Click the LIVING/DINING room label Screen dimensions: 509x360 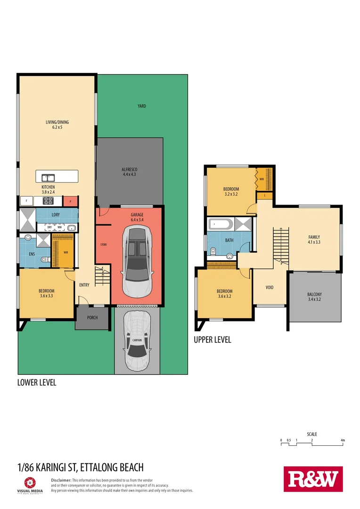(54, 125)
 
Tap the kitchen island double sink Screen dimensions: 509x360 (48, 178)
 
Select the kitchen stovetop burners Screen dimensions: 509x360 (48, 201)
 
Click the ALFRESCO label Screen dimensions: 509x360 (129, 172)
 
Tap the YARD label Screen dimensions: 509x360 (141, 106)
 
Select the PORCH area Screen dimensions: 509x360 (92, 318)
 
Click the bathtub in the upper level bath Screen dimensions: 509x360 (221, 224)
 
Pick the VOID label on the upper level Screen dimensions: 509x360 (270, 287)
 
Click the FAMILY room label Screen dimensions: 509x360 (314, 239)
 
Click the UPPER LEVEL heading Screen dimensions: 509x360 (213, 340)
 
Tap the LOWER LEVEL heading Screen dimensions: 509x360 (37, 383)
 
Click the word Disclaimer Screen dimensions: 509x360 (61, 480)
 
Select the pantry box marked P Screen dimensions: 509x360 (70, 201)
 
